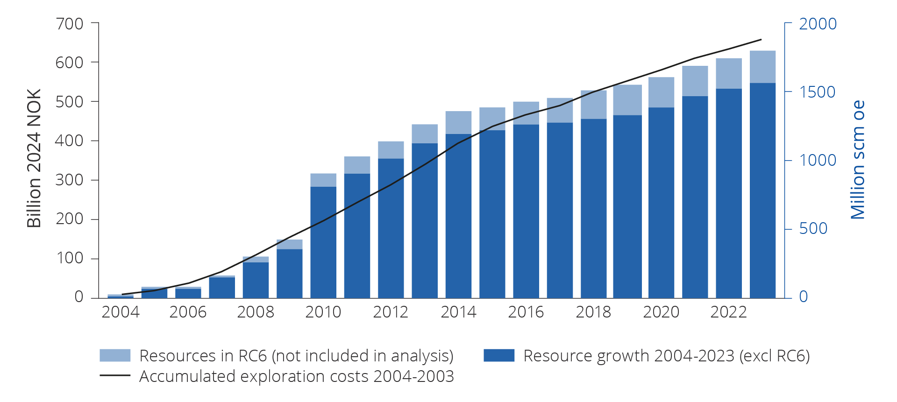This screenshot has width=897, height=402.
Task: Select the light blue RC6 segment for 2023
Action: tap(762, 67)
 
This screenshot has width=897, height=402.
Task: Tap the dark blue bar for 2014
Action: tap(458, 216)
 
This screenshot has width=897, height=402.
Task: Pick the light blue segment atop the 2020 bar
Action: tap(661, 92)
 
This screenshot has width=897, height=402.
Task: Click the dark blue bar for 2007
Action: tap(222, 288)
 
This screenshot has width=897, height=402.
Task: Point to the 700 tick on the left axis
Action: tap(69, 23)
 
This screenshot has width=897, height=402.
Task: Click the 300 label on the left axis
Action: tap(69, 180)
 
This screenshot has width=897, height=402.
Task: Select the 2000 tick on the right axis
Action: tap(818, 23)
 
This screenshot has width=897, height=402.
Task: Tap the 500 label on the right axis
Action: tap(813, 228)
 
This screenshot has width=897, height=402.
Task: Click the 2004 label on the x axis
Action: tap(121, 312)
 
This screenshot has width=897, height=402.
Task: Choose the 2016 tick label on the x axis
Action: tap(526, 312)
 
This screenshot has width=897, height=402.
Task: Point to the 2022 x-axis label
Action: tap(728, 312)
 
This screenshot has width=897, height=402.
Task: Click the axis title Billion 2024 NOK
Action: tap(34, 158)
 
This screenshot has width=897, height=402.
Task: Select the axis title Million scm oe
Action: tap(858, 160)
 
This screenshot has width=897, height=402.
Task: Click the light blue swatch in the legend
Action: tap(115, 355)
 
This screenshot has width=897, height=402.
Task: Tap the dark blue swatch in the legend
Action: tap(499, 355)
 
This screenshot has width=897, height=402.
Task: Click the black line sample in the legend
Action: tap(115, 375)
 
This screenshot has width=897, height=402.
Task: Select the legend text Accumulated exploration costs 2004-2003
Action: tap(296, 376)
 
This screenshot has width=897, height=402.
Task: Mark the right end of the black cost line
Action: tap(762, 40)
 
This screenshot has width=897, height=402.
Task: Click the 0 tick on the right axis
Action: tap(803, 296)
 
